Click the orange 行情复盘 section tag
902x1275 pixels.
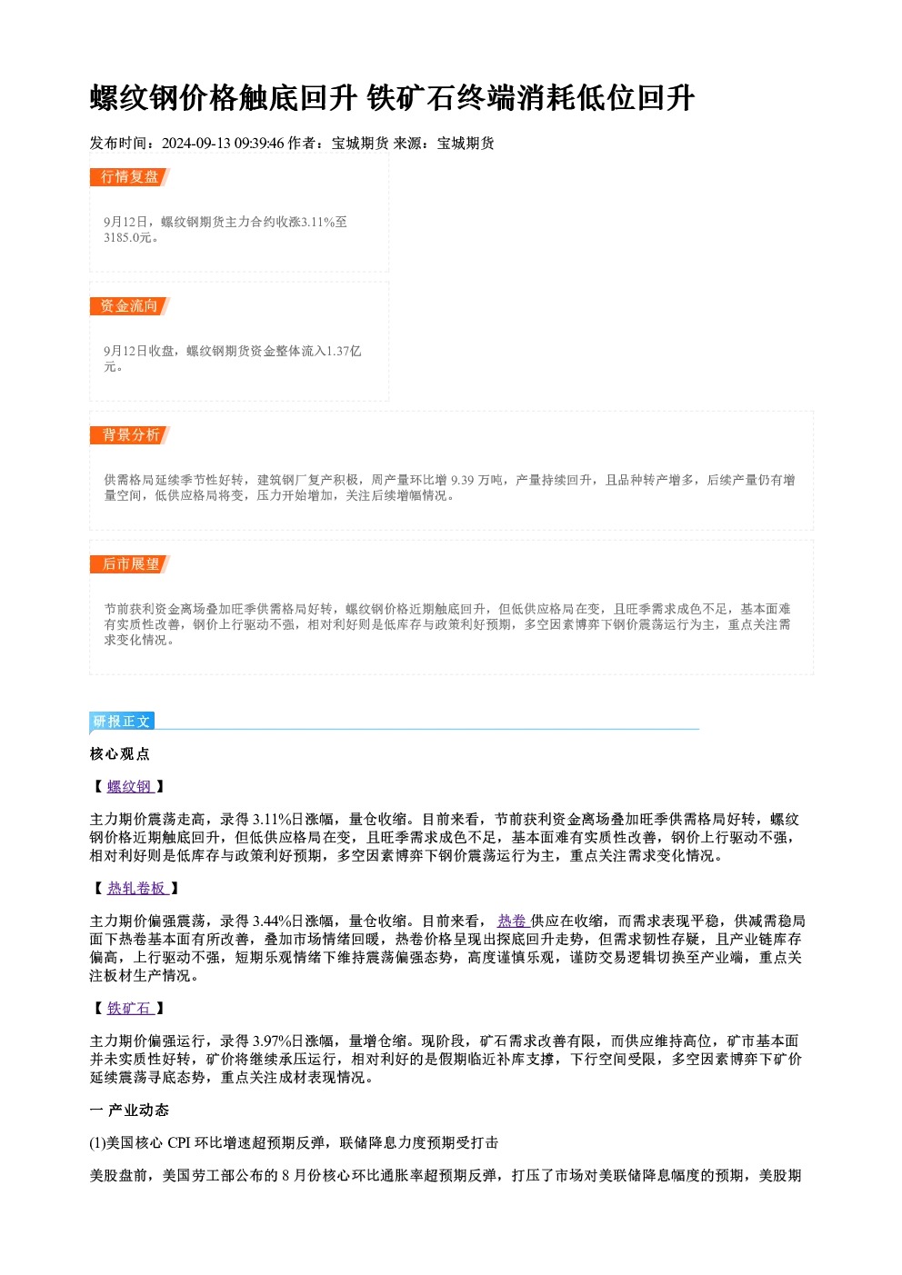(x=129, y=177)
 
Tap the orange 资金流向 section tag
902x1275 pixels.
(x=129, y=306)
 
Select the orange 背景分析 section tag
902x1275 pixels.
(x=129, y=435)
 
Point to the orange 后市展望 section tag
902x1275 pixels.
(x=129, y=564)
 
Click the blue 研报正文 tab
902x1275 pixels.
(x=122, y=722)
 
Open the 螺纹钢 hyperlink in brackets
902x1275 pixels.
(x=130, y=787)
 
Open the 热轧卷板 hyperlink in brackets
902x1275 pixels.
(x=138, y=889)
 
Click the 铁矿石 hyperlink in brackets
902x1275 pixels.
(x=130, y=1009)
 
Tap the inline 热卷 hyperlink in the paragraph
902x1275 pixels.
(x=513, y=921)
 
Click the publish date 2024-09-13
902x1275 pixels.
(x=196, y=144)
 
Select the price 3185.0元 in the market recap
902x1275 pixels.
(x=127, y=238)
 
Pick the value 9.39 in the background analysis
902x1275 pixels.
(x=463, y=481)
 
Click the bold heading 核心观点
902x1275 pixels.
(x=120, y=754)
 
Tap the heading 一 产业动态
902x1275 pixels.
(x=129, y=1111)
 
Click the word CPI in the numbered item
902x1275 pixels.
(x=179, y=1143)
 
